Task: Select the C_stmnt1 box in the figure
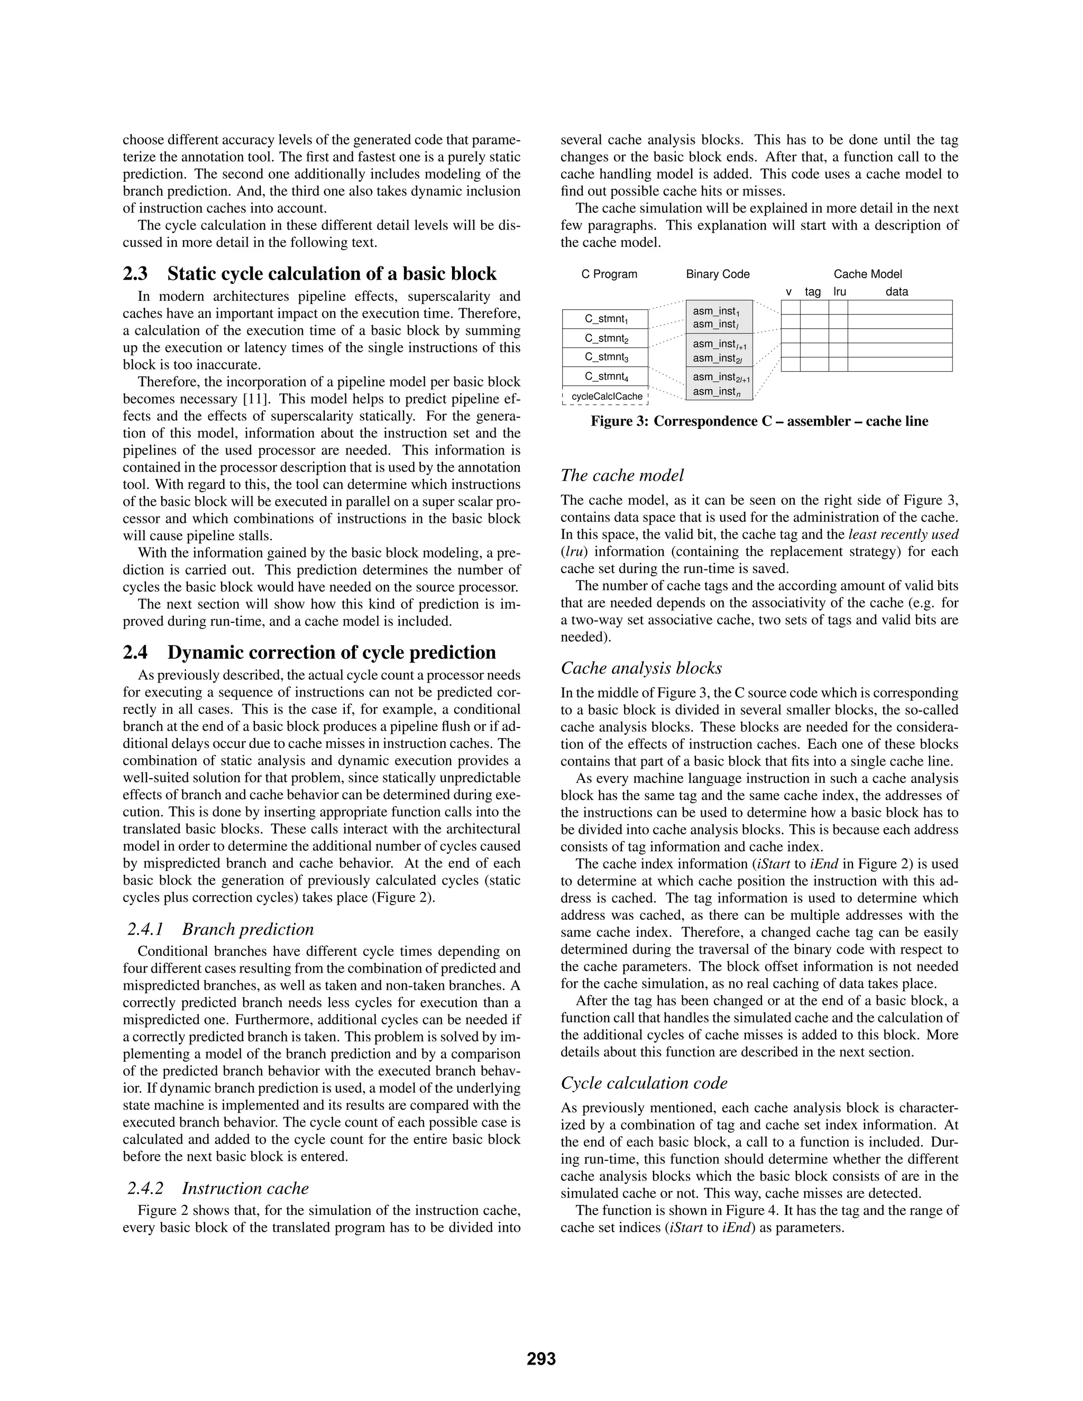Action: click(605, 319)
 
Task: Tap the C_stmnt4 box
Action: click(605, 376)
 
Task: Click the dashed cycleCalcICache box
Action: click(605, 397)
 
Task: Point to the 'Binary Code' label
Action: click(717, 274)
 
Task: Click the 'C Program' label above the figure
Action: click(609, 274)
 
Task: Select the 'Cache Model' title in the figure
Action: click(867, 274)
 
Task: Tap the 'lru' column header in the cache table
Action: click(839, 292)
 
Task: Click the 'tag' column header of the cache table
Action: click(812, 292)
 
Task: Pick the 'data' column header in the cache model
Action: click(896, 292)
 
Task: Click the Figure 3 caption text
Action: click(759, 421)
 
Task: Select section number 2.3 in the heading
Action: click(135, 274)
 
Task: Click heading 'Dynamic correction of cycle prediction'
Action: click(331, 652)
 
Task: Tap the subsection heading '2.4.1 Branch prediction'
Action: click(220, 929)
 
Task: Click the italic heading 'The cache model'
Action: click(622, 475)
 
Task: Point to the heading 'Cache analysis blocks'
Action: click(641, 668)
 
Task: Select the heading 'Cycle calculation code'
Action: click(644, 1083)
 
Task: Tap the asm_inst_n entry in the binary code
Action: click(714, 392)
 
